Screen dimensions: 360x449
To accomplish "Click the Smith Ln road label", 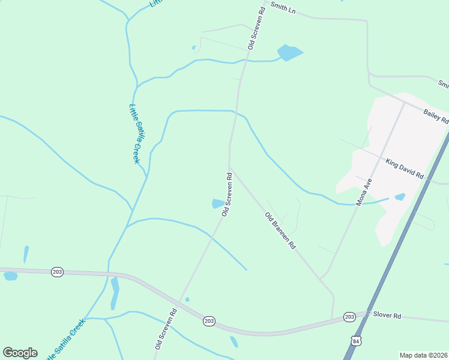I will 283,8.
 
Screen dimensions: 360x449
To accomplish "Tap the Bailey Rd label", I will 436,115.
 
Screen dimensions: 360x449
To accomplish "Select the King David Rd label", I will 405,169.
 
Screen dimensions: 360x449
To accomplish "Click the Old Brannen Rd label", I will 280,230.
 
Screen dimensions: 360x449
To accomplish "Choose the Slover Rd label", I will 386,314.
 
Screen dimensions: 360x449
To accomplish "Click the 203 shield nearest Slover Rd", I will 349,316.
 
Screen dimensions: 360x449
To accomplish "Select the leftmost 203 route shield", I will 57,272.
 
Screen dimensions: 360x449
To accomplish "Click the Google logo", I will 20,353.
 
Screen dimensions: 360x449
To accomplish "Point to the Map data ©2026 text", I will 423,355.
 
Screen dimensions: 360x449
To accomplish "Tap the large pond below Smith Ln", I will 290,53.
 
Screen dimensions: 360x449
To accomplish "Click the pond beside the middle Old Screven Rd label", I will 217,204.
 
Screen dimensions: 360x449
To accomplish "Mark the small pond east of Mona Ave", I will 400,196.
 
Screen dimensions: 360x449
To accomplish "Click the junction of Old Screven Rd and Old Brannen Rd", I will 229,167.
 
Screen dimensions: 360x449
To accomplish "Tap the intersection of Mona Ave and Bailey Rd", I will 403,103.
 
